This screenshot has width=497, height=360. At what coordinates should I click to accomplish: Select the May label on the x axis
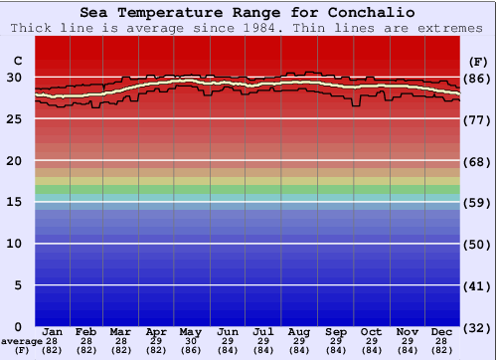click(192, 331)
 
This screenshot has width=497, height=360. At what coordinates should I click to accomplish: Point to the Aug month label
click(298, 331)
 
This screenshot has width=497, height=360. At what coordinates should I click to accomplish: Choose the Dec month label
click(442, 331)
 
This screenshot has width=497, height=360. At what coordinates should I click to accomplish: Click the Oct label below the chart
click(371, 331)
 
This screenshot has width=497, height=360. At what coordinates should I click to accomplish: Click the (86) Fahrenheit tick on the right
click(478, 78)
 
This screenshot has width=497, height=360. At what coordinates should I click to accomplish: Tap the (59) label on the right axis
click(478, 202)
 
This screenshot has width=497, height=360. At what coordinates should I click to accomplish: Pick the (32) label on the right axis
click(478, 326)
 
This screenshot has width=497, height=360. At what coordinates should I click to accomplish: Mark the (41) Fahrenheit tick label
click(478, 285)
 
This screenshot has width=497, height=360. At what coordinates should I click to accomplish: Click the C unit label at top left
click(17, 61)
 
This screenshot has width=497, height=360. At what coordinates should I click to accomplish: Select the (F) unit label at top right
click(478, 61)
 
